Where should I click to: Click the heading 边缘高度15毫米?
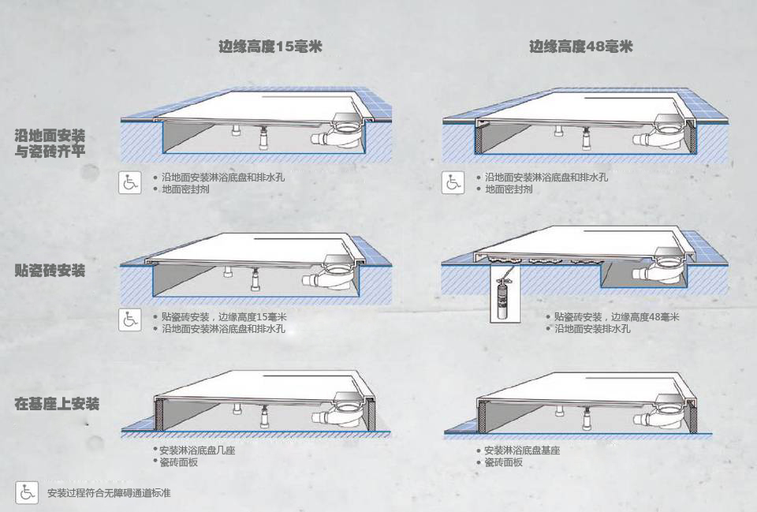(270, 47)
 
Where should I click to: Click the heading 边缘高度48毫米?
(580, 47)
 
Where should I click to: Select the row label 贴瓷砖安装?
(50, 271)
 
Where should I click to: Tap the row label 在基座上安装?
(57, 404)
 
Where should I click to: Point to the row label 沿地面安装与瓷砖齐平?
(50, 144)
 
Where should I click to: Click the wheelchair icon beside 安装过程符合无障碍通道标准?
(27, 492)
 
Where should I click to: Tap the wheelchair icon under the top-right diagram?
(453, 182)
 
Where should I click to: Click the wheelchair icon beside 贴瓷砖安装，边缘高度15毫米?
(130, 320)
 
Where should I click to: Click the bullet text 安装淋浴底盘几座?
(197, 450)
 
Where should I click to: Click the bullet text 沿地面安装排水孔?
(592, 328)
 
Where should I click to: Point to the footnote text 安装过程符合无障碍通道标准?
(109, 493)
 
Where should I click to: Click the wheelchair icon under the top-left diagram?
(130, 182)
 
